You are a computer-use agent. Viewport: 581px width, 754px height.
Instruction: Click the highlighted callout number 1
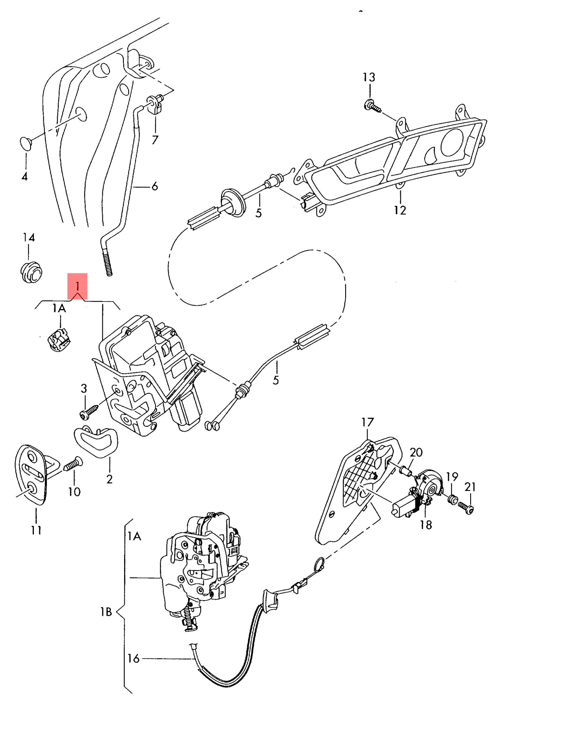pos(77,286)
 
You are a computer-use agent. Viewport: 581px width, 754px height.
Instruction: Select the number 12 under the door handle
pos(400,210)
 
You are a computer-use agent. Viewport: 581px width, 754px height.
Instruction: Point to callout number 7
pos(155,140)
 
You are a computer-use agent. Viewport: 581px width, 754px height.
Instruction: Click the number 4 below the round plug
pos(24,177)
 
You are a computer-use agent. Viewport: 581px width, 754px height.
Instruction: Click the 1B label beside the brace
pos(106,612)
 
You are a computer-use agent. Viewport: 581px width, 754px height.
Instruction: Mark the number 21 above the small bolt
pos(470,487)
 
